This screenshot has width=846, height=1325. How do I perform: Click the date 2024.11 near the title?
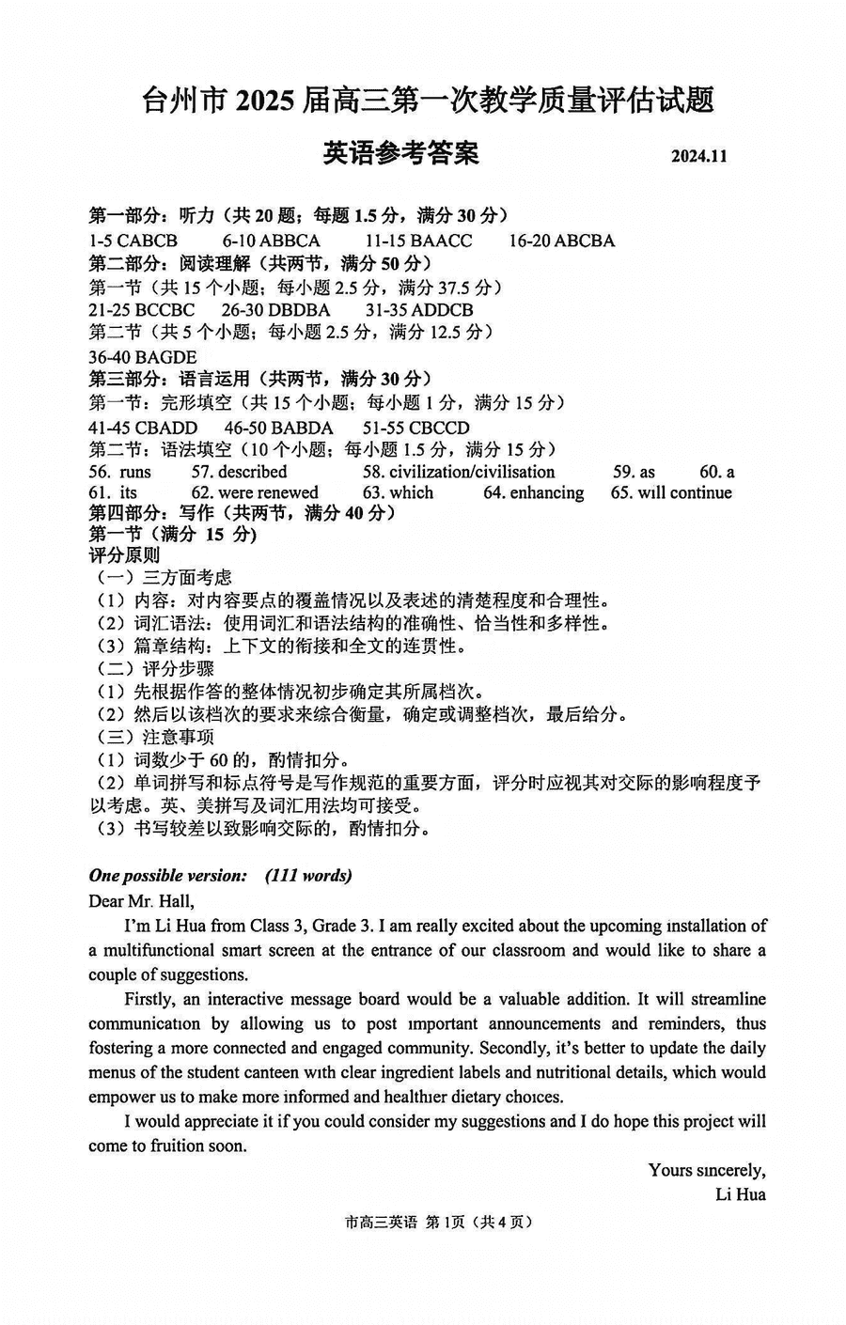(698, 156)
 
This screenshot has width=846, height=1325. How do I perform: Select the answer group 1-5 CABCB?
(133, 241)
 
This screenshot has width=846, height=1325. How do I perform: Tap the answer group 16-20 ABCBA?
(561, 241)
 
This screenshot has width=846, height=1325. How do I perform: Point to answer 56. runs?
(120, 472)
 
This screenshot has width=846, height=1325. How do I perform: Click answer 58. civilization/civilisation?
(459, 472)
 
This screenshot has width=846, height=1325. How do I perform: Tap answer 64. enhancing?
(533, 492)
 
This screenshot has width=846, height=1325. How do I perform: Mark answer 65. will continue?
(671, 492)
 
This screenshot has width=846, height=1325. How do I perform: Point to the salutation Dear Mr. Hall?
(141, 901)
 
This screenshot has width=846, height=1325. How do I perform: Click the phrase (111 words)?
(308, 876)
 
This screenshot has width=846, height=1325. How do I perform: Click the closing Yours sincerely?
(706, 1170)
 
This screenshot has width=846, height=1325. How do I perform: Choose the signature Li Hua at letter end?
(740, 1194)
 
